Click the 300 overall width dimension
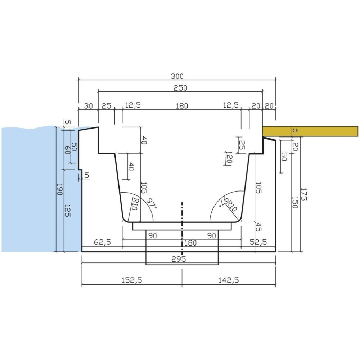pos(177,76)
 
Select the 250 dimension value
pos(180,88)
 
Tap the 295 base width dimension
pos(179,259)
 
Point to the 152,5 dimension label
pos(132,280)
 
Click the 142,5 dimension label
pos(229,280)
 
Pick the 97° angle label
pos(152,203)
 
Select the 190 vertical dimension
pos(59,189)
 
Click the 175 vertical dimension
pos(303,194)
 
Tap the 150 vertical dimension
pos(295,202)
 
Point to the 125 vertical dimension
pos(67,211)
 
